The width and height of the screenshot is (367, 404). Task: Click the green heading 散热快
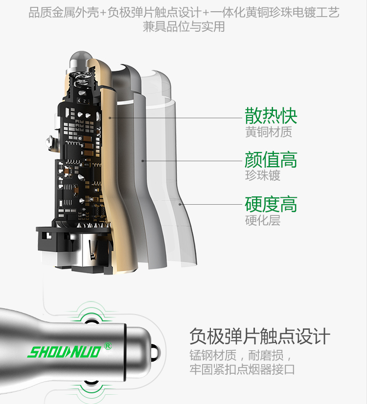point(271,116)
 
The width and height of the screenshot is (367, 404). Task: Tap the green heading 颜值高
point(271,160)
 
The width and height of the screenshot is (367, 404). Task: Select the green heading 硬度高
point(271,204)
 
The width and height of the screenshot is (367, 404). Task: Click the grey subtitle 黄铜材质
point(268,132)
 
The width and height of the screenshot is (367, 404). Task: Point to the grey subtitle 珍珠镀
point(263,175)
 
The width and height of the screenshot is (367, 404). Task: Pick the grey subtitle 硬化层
point(263,220)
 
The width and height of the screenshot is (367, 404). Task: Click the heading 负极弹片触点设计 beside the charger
point(259,337)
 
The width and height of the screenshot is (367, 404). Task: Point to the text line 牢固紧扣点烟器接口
point(242,369)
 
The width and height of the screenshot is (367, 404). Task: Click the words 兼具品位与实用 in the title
point(183,26)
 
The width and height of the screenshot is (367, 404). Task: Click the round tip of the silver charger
point(155,351)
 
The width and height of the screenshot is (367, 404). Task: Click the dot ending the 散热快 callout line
point(111,118)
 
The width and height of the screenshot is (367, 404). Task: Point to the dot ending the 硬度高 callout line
point(180,204)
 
